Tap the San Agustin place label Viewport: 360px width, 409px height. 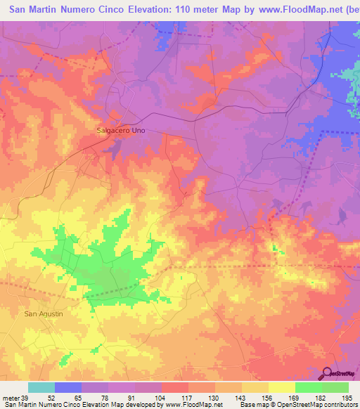tap(44, 313)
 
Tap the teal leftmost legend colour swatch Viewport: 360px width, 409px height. tap(41, 387)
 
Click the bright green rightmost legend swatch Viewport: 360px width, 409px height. tap(335, 387)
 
